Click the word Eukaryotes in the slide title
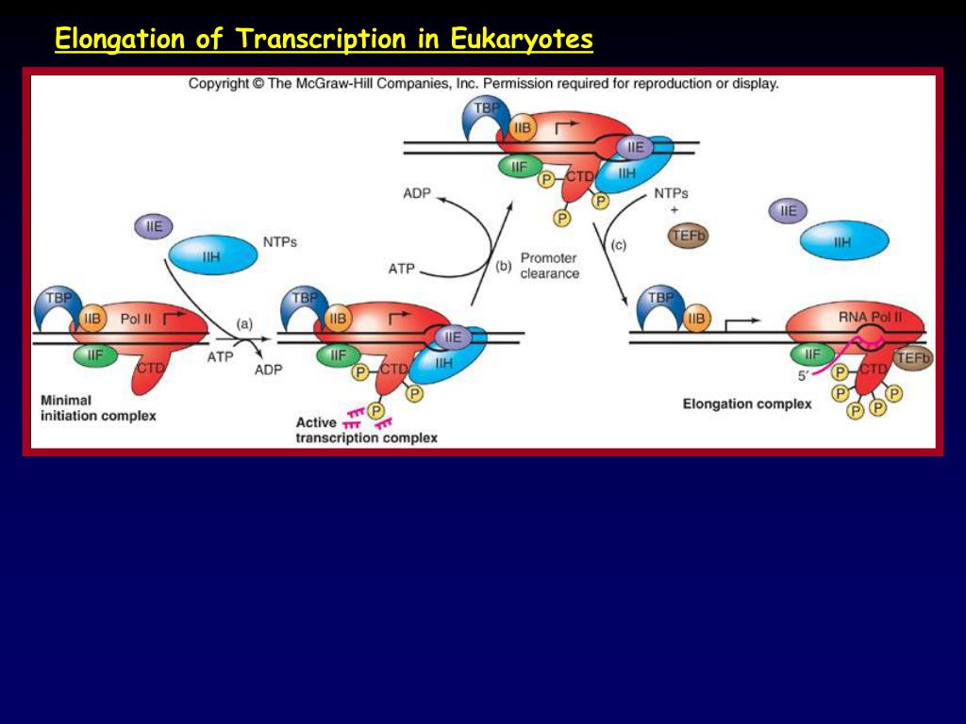522,40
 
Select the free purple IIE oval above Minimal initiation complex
154,226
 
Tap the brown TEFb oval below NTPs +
688,236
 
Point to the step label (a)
243,323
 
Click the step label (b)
503,266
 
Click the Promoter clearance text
549,266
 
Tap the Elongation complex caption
746,403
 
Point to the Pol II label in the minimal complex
136,319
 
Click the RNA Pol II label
870,317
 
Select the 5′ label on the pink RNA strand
804,373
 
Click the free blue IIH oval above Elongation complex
843,242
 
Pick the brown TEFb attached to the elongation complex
912,357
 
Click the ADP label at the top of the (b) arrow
416,193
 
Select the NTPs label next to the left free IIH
279,241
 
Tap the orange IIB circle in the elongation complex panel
695,320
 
